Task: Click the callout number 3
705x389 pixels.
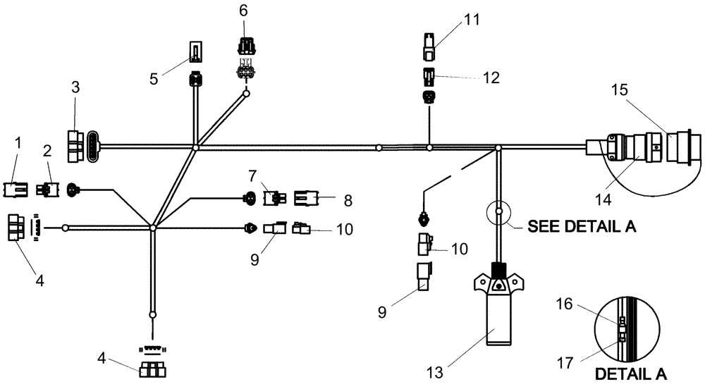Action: click(x=76, y=87)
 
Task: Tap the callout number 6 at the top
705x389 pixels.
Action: click(x=244, y=11)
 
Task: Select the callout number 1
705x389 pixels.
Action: click(x=18, y=143)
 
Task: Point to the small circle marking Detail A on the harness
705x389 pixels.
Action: click(x=498, y=211)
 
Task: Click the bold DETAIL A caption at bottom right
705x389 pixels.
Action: click(x=630, y=374)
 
